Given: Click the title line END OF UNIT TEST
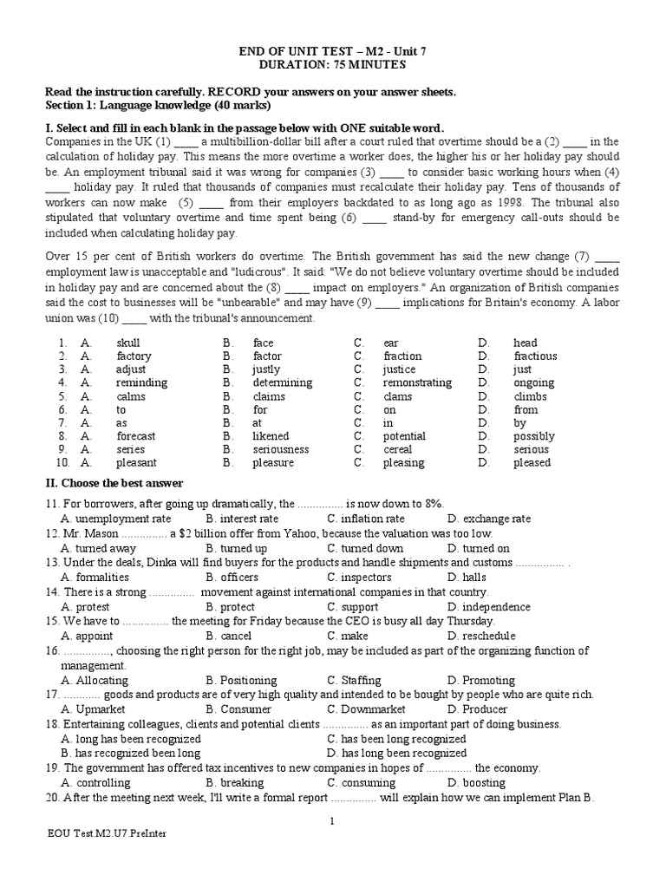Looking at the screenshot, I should tap(333, 51).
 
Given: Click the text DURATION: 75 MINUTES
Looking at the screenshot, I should tap(333, 65).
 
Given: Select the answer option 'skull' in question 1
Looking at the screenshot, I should tap(128, 343).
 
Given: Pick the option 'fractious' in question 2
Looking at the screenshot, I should tap(535, 356).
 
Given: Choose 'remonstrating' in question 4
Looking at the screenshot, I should tap(417, 382).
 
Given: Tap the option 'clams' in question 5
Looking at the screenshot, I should tap(398, 396).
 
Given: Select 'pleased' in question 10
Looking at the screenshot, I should tap(532, 463).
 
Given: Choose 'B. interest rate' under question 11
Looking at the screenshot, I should tap(243, 519).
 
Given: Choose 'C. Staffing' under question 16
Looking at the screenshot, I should tap(359, 680).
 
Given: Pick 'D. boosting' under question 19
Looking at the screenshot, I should tap(477, 782).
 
